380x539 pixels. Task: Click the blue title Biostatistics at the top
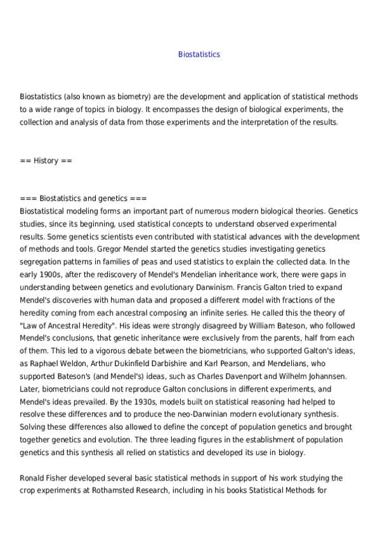(x=199, y=55)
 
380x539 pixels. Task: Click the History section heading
(x=46, y=161)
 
